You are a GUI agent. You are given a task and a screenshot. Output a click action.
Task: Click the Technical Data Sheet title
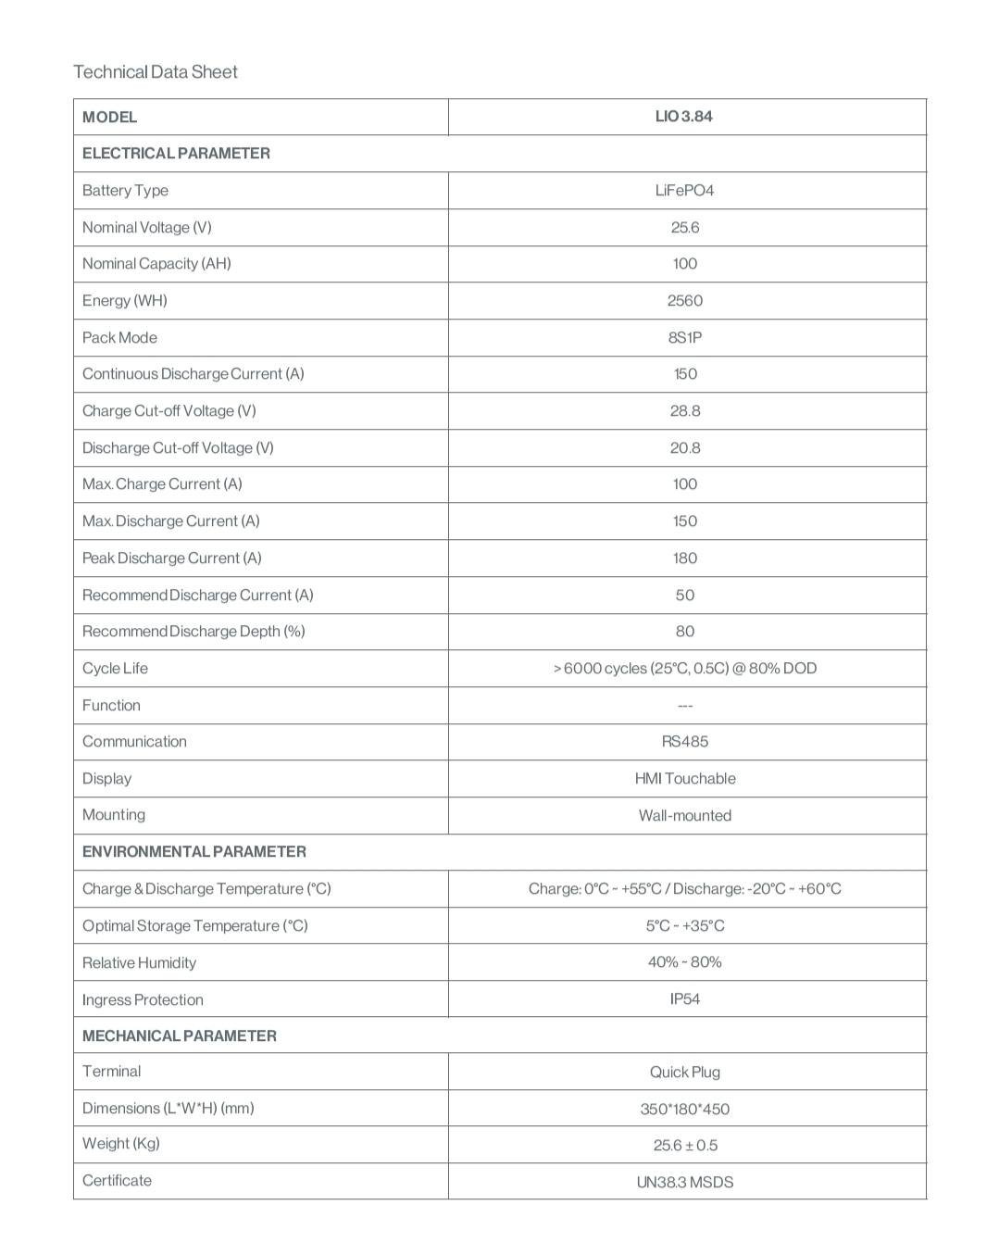point(156,72)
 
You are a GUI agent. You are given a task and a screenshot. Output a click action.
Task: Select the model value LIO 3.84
point(684,117)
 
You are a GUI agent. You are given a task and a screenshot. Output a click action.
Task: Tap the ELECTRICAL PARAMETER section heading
point(176,154)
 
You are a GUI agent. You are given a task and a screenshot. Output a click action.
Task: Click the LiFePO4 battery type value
point(684,191)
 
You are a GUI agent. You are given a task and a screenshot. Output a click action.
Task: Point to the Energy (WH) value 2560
point(684,301)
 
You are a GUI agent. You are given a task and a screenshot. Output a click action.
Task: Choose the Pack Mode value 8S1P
point(684,338)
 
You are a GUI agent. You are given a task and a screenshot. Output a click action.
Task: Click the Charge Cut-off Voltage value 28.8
point(684,411)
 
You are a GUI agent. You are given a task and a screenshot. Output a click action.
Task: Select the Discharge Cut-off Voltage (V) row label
point(178,448)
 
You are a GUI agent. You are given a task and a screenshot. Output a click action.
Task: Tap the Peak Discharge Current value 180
point(684,558)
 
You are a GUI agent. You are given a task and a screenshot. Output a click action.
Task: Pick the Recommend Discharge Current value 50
point(684,596)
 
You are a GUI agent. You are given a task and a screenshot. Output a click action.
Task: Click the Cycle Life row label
point(115,669)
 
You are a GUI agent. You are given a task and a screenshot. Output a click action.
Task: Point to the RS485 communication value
point(684,742)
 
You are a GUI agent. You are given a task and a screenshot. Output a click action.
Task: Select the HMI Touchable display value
point(684,779)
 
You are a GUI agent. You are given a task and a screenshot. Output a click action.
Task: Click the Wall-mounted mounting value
point(684,816)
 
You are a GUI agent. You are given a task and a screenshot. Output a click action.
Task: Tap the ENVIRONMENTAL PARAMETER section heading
point(194,852)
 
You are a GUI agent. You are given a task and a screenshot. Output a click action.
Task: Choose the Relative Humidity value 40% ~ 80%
point(684,962)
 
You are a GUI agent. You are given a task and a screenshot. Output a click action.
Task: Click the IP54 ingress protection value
point(684,999)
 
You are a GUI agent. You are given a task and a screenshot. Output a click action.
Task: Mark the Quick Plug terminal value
point(684,1073)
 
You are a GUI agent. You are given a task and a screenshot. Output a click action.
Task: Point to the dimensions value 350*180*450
point(684,1110)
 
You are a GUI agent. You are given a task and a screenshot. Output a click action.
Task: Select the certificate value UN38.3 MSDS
point(684,1183)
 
